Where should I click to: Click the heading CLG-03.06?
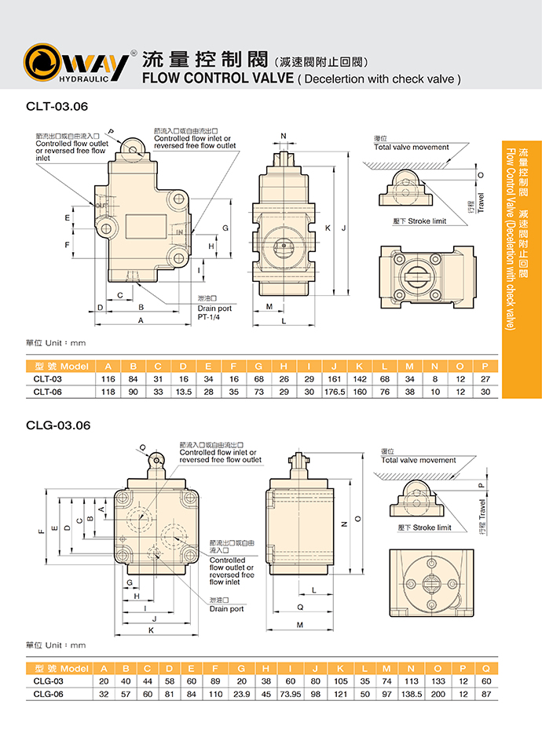click(x=59, y=425)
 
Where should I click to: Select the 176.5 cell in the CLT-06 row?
click(x=335, y=391)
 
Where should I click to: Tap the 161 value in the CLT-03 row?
click(x=335, y=379)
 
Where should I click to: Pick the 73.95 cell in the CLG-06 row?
click(x=290, y=694)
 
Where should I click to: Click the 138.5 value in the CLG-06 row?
click(x=411, y=694)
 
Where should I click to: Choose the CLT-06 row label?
click(x=48, y=391)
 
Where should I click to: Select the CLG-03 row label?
click(x=49, y=681)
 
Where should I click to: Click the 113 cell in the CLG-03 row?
click(x=411, y=681)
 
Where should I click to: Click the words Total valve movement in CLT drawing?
click(x=412, y=147)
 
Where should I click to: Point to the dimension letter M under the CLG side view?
click(x=299, y=625)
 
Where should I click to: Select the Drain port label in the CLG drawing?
click(x=227, y=608)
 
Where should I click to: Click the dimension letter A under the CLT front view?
click(x=141, y=321)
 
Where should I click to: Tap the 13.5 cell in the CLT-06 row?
click(x=183, y=391)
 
